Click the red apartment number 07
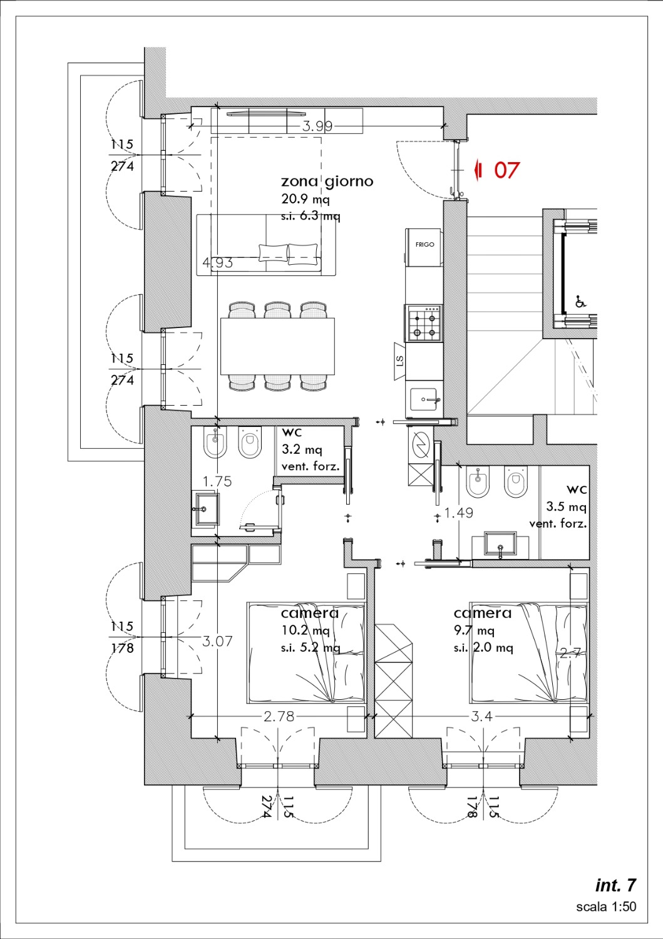[506, 170]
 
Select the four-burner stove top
[424, 323]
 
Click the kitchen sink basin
[424, 399]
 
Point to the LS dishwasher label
[399, 361]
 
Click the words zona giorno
[327, 181]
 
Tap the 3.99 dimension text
[317, 126]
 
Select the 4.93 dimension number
[217, 263]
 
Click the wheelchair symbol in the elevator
[581, 301]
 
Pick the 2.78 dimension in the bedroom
[279, 716]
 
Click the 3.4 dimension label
[481, 716]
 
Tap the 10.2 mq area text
[306, 630]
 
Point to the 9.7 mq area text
[474, 630]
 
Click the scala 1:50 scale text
[606, 906]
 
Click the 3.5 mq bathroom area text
[566, 507]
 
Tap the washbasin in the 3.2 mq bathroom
[207, 509]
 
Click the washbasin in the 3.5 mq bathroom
[500, 544]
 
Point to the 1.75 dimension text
[217, 481]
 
